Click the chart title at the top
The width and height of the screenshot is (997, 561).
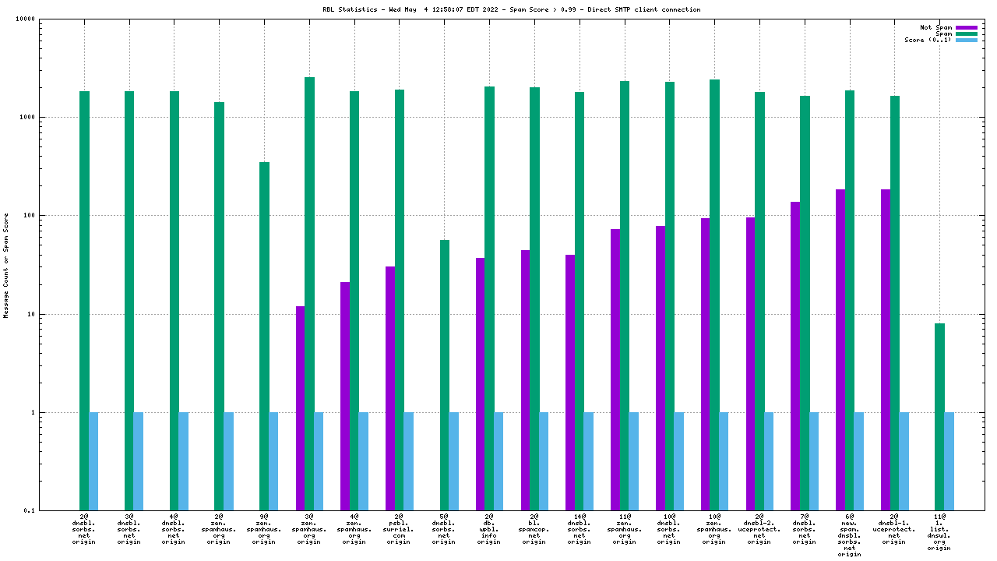(511, 9)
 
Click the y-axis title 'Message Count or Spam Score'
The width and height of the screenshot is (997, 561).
(6, 265)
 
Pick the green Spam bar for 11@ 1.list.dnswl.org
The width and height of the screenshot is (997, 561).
(939, 417)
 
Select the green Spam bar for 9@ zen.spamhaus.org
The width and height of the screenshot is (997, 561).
(264, 336)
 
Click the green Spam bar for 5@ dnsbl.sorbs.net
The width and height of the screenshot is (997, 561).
(444, 375)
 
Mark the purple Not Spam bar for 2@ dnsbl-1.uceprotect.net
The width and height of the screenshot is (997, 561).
(886, 350)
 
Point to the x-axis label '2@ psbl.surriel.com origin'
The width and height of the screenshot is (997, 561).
(399, 529)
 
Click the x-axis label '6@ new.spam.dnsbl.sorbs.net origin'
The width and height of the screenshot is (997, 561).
(849, 535)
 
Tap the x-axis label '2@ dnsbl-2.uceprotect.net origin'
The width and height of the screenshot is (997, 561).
(759, 529)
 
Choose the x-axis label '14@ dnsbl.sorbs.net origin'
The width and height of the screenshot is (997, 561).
(579, 529)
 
